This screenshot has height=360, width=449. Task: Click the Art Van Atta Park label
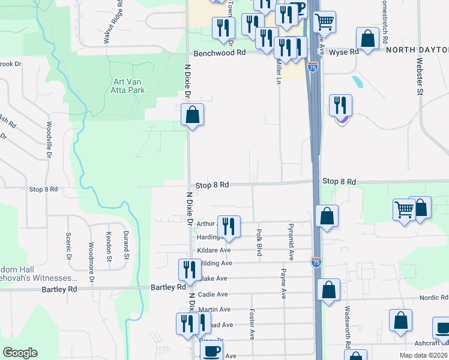128,86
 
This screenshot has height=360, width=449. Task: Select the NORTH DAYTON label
416,51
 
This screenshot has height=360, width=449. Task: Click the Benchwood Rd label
224,53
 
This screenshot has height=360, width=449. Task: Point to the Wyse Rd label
346,52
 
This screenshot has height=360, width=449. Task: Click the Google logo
20,353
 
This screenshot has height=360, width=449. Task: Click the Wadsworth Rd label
348,328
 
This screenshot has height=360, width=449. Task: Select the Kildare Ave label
214,250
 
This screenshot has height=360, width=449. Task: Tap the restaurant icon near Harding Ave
228,226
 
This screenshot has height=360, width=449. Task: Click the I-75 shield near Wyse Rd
312,67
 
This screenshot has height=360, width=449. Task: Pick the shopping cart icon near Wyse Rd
324,22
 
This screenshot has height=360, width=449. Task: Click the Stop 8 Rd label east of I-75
339,181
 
